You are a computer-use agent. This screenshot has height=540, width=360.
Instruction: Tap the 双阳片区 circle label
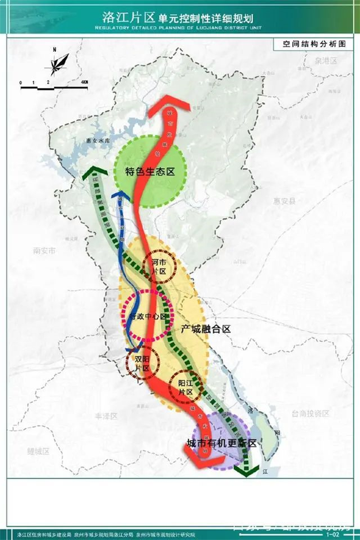(x=141, y=363)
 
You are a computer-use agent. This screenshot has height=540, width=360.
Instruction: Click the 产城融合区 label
(x=206, y=328)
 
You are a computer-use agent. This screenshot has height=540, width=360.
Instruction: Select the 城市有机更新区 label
(x=221, y=443)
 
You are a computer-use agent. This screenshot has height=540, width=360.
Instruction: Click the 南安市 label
(x=44, y=251)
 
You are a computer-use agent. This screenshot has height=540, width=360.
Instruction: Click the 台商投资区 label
(x=310, y=413)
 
